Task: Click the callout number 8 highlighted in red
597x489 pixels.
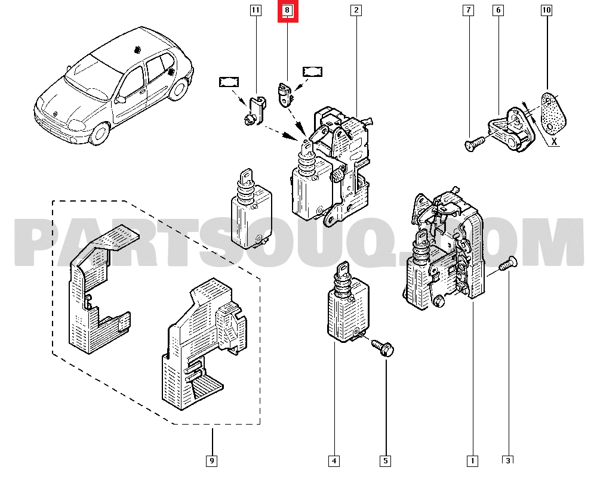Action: pyautogui.click(x=287, y=11)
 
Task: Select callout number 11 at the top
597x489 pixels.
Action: pyautogui.click(x=256, y=11)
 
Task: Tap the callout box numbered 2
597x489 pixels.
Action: pyautogui.click(x=356, y=11)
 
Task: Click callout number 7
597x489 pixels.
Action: pyautogui.click(x=468, y=11)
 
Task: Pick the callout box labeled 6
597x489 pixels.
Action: pyautogui.click(x=498, y=11)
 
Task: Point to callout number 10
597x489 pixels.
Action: pyautogui.click(x=546, y=11)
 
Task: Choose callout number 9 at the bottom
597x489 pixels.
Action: pyautogui.click(x=211, y=460)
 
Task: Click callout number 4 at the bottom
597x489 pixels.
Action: pyautogui.click(x=334, y=460)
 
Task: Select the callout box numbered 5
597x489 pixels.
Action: pyautogui.click(x=386, y=460)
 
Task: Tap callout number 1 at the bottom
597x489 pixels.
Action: pyautogui.click(x=472, y=460)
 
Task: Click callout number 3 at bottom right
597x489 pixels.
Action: pyautogui.click(x=508, y=460)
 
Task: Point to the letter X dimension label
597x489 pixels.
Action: pyautogui.click(x=555, y=142)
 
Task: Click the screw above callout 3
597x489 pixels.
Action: pyautogui.click(x=507, y=264)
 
